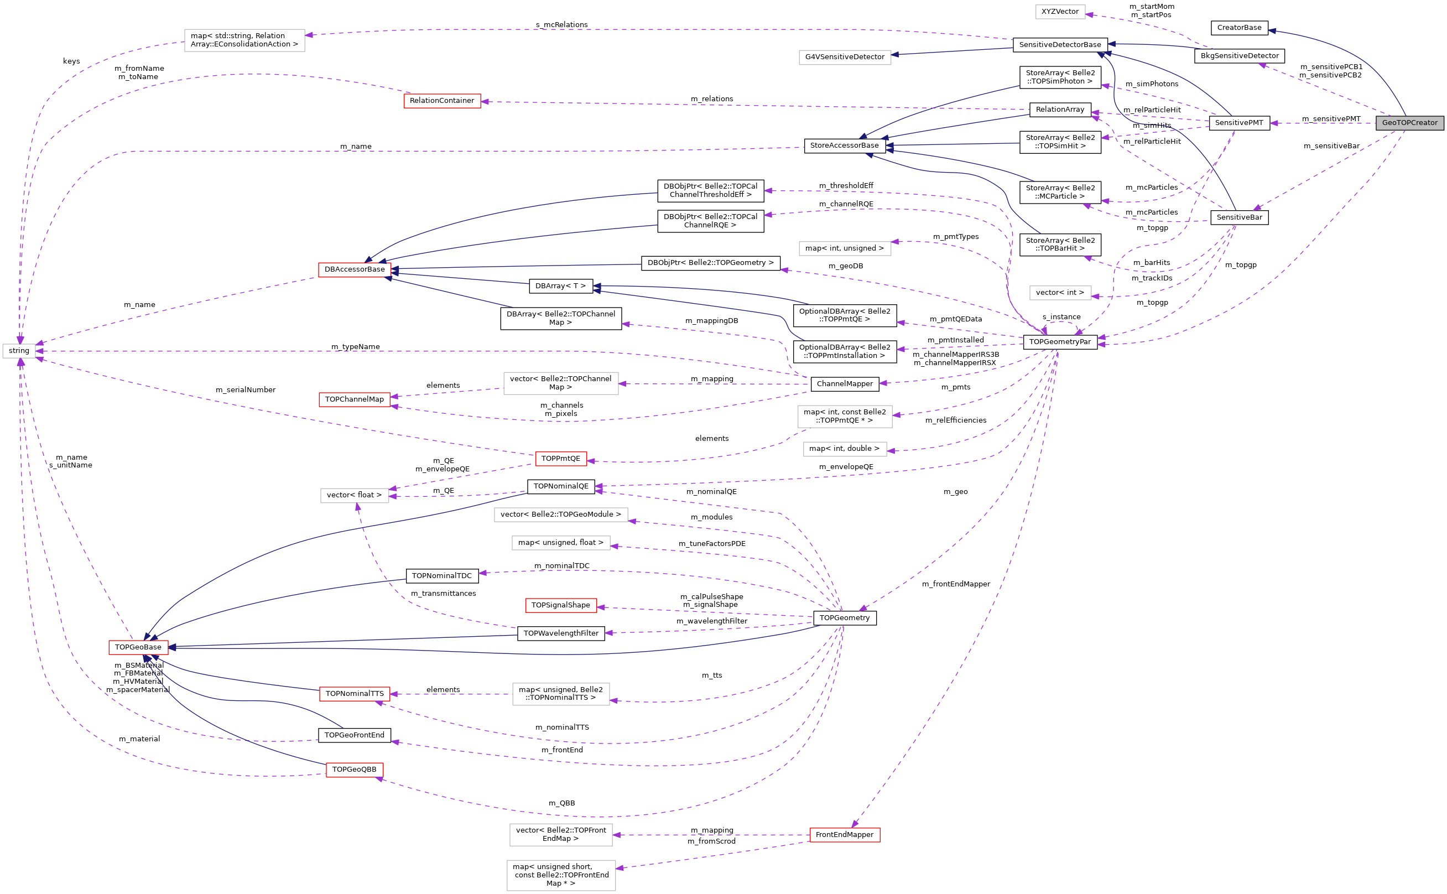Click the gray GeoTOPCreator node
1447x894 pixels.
1409,123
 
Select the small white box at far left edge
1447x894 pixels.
19,351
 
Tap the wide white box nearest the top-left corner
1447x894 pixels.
244,40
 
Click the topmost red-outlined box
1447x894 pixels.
442,101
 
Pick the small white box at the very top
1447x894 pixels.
1060,12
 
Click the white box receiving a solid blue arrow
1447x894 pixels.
845,58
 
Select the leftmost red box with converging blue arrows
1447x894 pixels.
138,647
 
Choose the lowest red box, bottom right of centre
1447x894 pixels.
845,835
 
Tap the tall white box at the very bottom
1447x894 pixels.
561,875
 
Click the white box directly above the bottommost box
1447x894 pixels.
561,834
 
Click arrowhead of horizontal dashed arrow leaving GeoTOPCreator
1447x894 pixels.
1274,123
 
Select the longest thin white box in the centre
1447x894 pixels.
561,514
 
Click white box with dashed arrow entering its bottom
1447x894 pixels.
355,496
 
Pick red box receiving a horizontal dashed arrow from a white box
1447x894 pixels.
355,694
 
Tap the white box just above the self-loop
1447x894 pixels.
1060,293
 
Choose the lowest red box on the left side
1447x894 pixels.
355,770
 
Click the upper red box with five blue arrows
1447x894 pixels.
355,269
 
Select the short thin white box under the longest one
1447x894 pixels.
561,543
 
